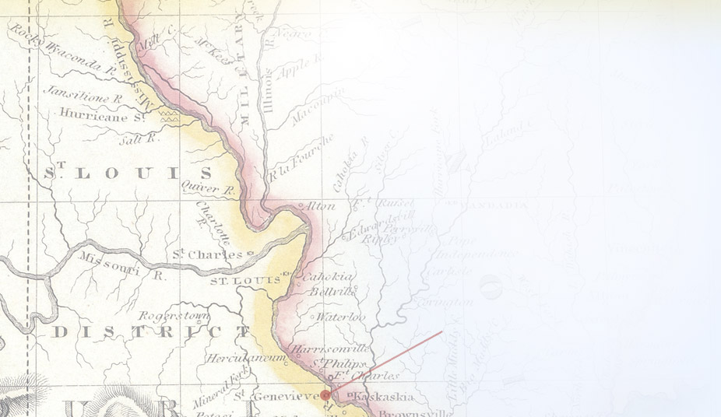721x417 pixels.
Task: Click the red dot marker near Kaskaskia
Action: pos(325,395)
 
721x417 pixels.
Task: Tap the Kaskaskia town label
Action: pos(381,398)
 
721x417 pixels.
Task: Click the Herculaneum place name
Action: pos(242,358)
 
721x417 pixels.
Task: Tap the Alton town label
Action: pos(322,206)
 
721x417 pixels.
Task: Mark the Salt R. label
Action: pos(139,138)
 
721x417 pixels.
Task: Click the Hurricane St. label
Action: pos(102,115)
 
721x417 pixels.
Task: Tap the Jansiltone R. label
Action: pos(83,94)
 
